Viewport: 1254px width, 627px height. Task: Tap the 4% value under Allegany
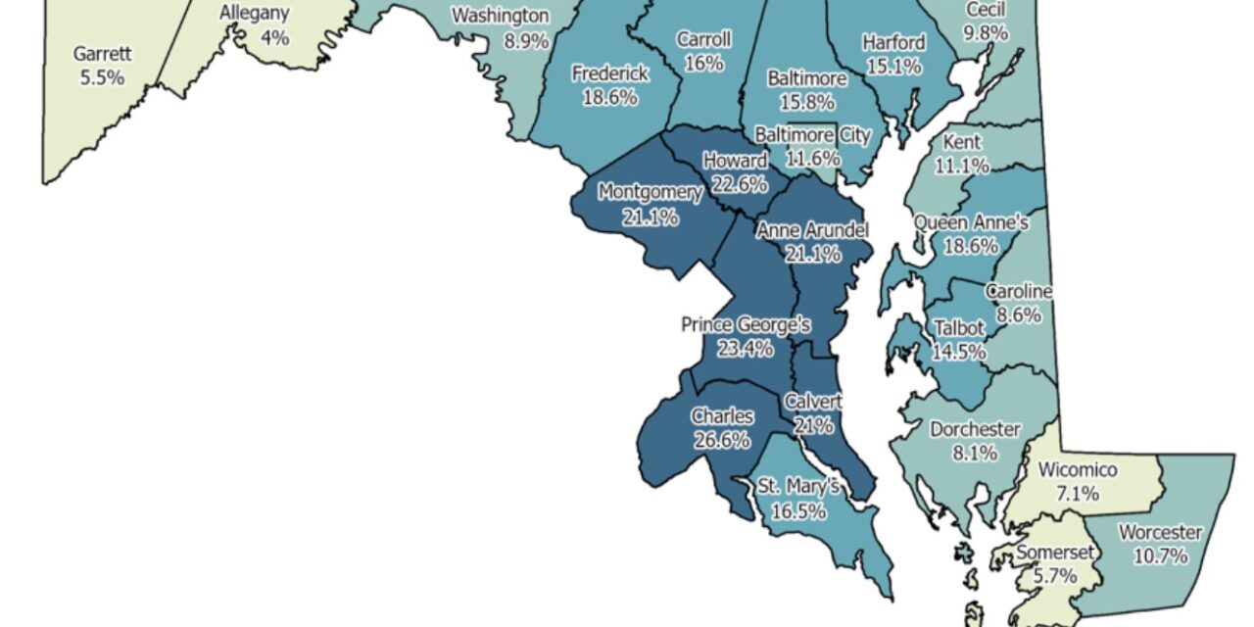pos(274,37)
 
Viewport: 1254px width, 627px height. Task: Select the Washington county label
pos(500,16)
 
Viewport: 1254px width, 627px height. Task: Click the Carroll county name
pos(703,39)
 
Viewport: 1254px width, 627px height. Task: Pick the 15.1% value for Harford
pos(893,66)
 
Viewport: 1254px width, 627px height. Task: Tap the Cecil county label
pos(986,10)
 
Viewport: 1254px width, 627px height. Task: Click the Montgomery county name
pos(651,192)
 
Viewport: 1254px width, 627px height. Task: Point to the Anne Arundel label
pos(812,231)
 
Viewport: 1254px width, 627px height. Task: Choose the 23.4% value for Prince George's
pos(747,348)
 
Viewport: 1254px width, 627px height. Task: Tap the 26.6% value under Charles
pos(722,440)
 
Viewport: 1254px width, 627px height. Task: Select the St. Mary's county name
pos(798,486)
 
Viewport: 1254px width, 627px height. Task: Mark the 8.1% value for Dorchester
pos(976,453)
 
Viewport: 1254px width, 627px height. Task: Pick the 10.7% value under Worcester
pos(1160,556)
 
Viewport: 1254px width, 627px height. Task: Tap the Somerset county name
pos(1048,553)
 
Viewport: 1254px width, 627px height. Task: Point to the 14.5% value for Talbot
pos(959,352)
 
